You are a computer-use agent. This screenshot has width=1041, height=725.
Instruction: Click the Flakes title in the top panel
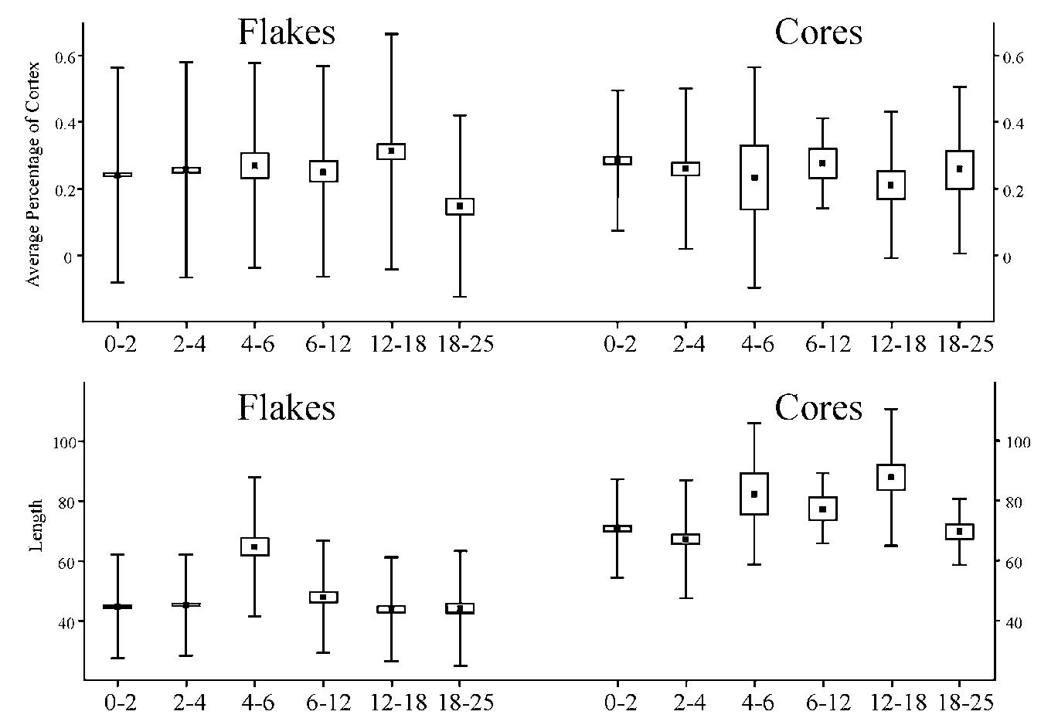[x=286, y=32]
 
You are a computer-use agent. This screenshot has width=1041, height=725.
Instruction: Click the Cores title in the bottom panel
[x=818, y=407]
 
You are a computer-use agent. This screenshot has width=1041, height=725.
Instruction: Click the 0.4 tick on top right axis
[x=1013, y=124]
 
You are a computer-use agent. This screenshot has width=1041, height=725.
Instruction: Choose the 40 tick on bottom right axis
[x=1013, y=622]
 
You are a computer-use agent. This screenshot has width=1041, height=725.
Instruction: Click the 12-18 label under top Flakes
[x=391, y=344]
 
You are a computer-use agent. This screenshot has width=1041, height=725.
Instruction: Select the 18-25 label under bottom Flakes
[x=460, y=703]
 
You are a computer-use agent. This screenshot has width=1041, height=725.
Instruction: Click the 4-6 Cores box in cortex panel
[x=754, y=177]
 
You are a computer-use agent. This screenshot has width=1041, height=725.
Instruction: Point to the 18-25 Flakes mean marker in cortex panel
[x=460, y=206]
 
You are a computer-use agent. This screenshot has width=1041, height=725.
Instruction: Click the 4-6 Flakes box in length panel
[x=254, y=546]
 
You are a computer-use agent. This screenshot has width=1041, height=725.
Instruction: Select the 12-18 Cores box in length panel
[x=891, y=477]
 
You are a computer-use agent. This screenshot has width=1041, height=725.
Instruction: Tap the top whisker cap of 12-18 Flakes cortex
[x=391, y=34]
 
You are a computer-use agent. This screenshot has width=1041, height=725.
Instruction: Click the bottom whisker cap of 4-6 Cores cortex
[x=754, y=288]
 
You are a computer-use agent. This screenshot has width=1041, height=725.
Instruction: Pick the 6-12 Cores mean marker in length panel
[x=822, y=509]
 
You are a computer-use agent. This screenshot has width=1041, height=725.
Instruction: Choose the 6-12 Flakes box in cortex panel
[x=323, y=171]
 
